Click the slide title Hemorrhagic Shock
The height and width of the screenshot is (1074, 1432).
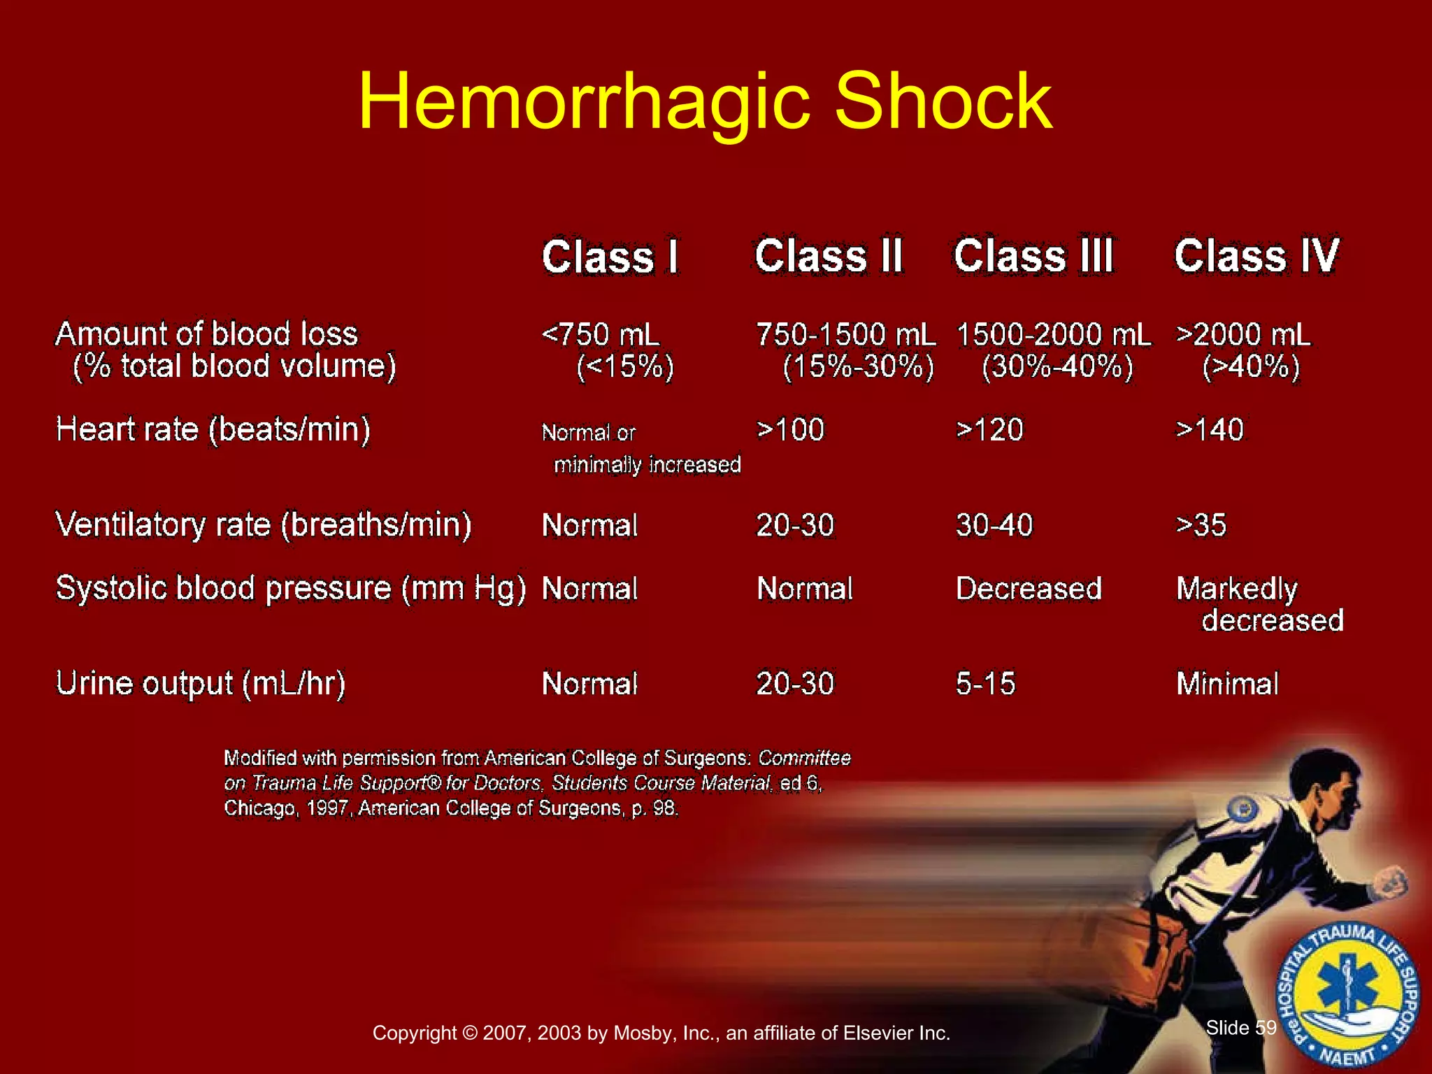[705, 102]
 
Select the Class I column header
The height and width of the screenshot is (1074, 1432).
[610, 257]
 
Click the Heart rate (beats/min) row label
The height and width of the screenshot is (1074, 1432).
[213, 429]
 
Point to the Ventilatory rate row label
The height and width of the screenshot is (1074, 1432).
[264, 524]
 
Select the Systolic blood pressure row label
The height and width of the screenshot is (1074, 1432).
[290, 589]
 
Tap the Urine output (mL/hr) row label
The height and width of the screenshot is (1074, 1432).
[201, 684]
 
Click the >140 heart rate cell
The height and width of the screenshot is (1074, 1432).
[1210, 429]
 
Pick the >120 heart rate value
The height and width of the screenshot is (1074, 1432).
[989, 429]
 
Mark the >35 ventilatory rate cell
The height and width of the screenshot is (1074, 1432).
[1201, 525]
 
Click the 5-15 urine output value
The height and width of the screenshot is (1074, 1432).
[985, 684]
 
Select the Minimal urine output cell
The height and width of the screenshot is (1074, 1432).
[1227, 684]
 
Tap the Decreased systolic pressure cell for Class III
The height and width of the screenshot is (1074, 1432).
[1029, 589]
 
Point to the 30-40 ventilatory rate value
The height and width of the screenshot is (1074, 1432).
[994, 525]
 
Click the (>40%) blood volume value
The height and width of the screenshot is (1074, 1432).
[1251, 366]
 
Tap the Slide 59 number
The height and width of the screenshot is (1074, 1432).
[1241, 1027]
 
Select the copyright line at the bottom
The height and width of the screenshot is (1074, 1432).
[661, 1033]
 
